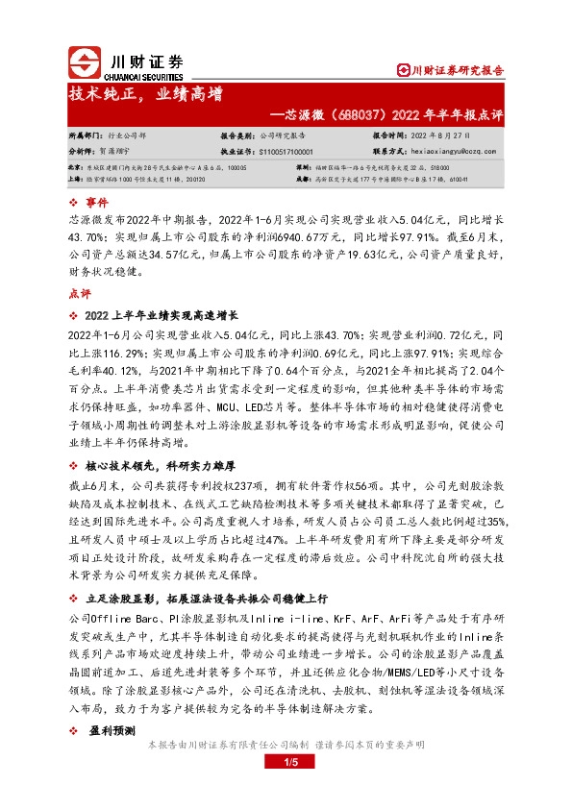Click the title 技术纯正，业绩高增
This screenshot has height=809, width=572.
[x=145, y=94]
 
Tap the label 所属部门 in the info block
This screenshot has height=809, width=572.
[x=86, y=136]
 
